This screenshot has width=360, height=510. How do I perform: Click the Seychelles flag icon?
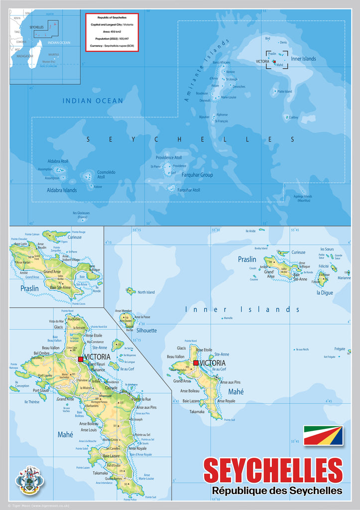[323, 435]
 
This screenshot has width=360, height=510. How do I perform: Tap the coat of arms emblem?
[30, 479]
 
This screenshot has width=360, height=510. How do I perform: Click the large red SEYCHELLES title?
[273, 470]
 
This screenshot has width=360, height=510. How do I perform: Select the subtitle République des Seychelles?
[277, 491]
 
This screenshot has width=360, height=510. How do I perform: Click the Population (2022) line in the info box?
[112, 38]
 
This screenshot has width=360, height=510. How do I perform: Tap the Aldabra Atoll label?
[58, 161]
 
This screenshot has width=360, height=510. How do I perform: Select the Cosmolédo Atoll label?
[106, 174]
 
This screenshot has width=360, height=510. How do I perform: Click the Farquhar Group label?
[197, 175]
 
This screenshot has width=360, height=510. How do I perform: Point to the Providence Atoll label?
[168, 157]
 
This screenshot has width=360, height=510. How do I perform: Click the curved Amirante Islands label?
[206, 71]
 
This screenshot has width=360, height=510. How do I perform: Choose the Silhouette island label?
[146, 330]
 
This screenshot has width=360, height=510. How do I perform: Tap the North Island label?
[146, 292]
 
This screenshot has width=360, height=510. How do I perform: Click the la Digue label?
[325, 292]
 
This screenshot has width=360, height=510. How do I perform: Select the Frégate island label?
[340, 349]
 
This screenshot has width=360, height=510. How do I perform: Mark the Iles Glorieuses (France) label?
[81, 215]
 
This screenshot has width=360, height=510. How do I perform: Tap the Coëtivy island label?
[293, 118]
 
